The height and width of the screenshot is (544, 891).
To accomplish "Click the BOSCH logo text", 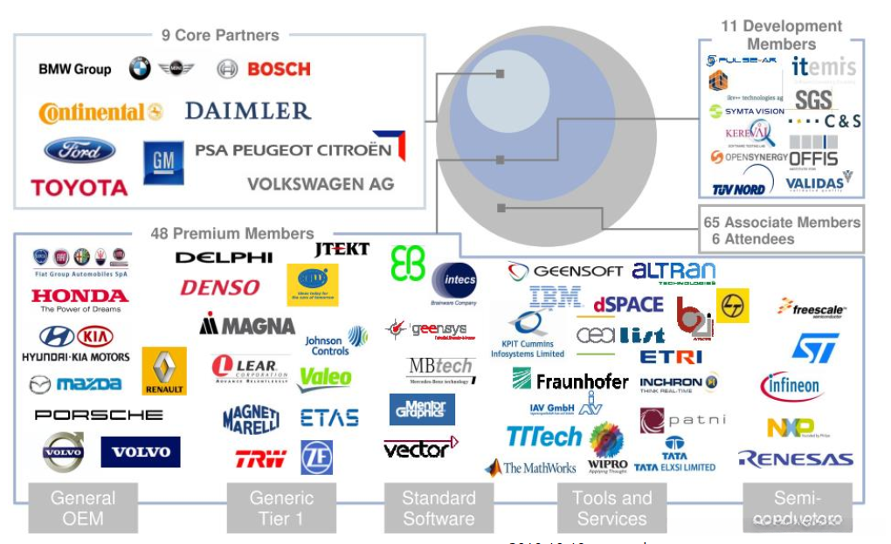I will pos(279,69).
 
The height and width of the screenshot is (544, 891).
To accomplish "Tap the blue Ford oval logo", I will pos(79,150).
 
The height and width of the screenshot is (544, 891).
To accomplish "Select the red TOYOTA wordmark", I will pos(79,187).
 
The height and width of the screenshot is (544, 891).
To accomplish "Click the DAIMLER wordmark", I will pos(248,111).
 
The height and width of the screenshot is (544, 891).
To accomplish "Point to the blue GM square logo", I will pos(163,162).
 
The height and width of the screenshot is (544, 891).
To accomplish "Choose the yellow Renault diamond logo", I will pos(164,370).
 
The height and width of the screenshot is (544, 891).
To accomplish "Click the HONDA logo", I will pos(79,295).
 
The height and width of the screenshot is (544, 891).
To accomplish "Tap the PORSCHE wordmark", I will pos(98,415).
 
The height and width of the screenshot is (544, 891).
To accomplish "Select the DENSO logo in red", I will pos(220,287).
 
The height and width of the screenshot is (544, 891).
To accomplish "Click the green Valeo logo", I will pos(325,378).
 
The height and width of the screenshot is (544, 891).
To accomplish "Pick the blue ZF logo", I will pos(316,457).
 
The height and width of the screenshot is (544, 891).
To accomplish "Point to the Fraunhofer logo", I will pos(570,380).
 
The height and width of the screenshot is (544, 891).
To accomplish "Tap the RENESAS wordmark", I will pos(796,458).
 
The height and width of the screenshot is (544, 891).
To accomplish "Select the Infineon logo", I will pos(791,385).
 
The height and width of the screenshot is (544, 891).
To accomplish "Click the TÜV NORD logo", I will pos(739,188).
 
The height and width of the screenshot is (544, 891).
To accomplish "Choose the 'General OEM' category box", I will pos(83,507).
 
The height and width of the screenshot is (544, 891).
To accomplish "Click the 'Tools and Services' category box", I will pos(612,507).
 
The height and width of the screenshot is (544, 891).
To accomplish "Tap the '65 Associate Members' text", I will pos(782,223).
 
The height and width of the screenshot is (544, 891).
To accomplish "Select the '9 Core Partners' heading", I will pos(220,36).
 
